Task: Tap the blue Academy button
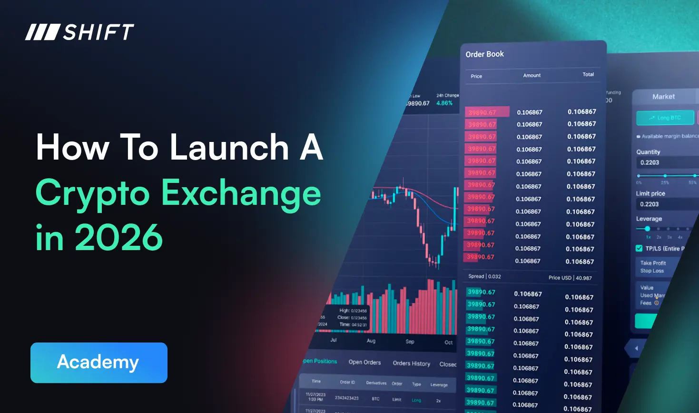(x=98, y=363)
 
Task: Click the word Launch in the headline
(x=229, y=147)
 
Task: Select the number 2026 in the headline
(x=119, y=237)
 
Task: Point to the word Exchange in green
(x=241, y=193)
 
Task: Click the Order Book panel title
(x=484, y=54)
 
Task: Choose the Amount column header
(x=532, y=75)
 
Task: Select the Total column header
(x=588, y=74)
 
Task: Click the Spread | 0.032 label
(x=484, y=276)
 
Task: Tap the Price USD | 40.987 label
(x=570, y=278)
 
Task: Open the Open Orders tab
(x=364, y=362)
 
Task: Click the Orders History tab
(x=411, y=363)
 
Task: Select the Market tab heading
(x=663, y=97)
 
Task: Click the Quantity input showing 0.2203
(x=666, y=162)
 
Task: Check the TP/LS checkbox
(x=639, y=248)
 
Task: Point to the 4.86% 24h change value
(x=444, y=103)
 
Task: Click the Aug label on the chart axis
(x=371, y=341)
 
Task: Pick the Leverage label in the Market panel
(x=649, y=219)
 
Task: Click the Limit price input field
(x=666, y=204)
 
